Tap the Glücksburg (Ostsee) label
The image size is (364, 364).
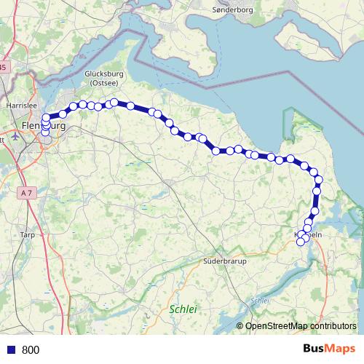(106, 78)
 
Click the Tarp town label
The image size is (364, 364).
(28, 235)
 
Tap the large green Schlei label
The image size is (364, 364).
(183, 309)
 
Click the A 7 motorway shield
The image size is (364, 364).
(26, 192)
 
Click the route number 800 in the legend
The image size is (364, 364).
(31, 349)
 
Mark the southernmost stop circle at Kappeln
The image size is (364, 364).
(300, 242)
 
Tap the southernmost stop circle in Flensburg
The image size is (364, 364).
(45, 132)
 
